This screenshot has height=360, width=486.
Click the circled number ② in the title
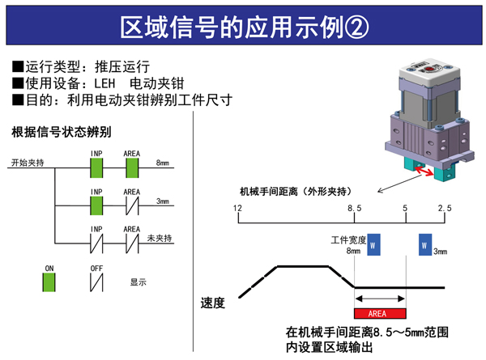[x=354, y=26]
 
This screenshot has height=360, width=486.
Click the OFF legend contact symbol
[x=96, y=283]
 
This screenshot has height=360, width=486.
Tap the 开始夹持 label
[x=28, y=163]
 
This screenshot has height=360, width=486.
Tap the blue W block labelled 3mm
[x=424, y=245]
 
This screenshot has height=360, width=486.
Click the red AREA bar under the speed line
[x=380, y=312]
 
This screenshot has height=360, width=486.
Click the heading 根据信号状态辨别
[x=61, y=130]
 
